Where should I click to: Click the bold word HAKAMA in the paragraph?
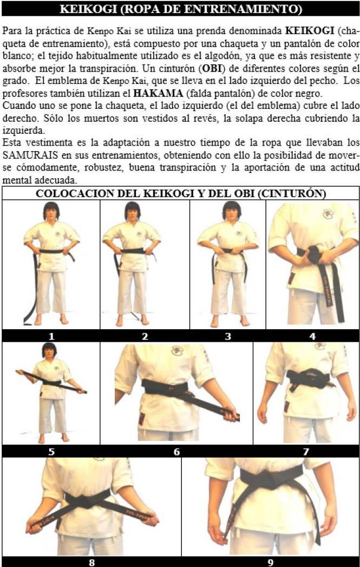pyautogui.click(x=158, y=94)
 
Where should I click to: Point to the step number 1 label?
pyautogui.click(x=51, y=337)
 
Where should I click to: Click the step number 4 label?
pyautogui.click(x=312, y=337)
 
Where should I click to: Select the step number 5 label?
pyautogui.click(x=51, y=452)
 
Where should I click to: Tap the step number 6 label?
pyautogui.click(x=176, y=452)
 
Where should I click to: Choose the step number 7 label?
pyautogui.click(x=306, y=452)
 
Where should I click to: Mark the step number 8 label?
pyautogui.click(x=92, y=562)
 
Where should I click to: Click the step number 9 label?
pyautogui.click(x=271, y=562)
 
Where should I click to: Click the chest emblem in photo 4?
pyautogui.click(x=328, y=214)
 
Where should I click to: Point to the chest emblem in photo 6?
pyautogui.click(x=176, y=350)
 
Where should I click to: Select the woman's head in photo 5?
pyautogui.click(x=49, y=350)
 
